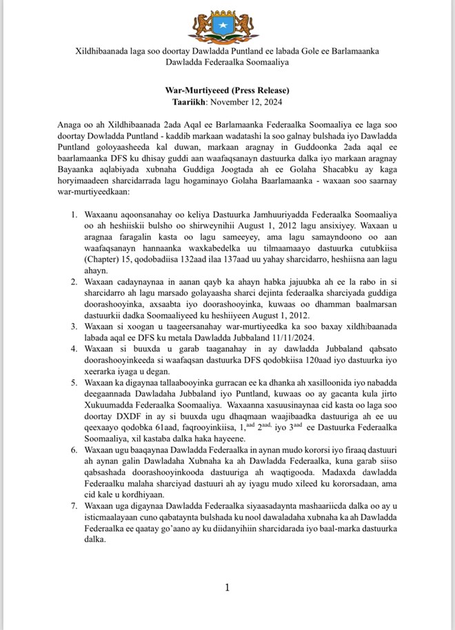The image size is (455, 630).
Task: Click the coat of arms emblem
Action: (227, 25)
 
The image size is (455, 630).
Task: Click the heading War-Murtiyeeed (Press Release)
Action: (227, 91)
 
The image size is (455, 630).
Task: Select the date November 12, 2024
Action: (245, 102)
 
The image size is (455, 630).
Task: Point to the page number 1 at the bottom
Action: (227, 587)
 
